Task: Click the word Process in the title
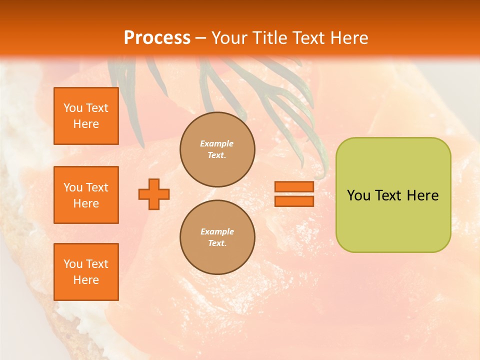pos(157,38)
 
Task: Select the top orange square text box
pos(86,116)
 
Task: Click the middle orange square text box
pos(86,195)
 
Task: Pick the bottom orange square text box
pos(86,272)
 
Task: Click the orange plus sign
pos(154,194)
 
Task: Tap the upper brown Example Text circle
pos(217,149)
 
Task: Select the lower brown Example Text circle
pos(217,237)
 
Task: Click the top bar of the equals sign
pos(294,187)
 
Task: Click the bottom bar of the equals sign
pos(294,201)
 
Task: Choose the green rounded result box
pos(393,220)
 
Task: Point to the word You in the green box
pos(358,195)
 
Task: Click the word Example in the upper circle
pos(217,143)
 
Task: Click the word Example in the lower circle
pos(217,231)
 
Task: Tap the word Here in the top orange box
pos(86,124)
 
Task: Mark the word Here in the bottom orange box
pos(86,280)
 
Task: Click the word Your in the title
pos(229,38)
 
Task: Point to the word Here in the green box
pos(422,195)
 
